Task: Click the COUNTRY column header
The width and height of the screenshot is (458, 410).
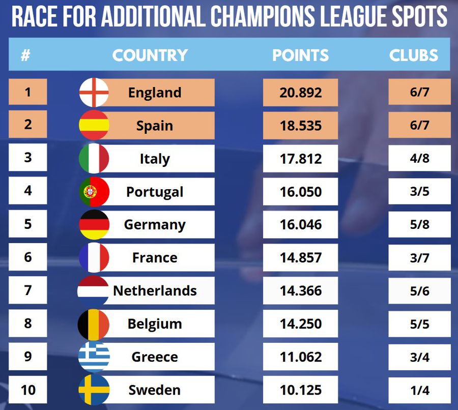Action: [150, 55]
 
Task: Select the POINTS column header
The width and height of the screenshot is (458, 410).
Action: [300, 55]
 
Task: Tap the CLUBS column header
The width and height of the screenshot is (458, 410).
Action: [414, 55]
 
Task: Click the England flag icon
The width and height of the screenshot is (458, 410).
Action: [94, 92]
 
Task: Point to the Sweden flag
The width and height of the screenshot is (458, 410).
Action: [94, 390]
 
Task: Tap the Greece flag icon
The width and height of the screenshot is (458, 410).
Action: [94, 357]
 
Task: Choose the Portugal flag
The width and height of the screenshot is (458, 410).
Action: [94, 192]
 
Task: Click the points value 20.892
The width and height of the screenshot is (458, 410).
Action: [300, 93]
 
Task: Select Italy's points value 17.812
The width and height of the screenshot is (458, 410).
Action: [300, 159]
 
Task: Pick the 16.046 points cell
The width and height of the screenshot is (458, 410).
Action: [300, 224]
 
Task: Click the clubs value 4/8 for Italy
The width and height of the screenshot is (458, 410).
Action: [419, 158]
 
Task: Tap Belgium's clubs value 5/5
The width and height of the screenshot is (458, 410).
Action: [419, 324]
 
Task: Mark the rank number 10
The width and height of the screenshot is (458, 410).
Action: [28, 390]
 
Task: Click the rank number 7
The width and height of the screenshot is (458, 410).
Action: [28, 290]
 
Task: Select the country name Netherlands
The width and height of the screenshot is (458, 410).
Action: [155, 290]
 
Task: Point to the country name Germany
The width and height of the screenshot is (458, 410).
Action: [155, 224]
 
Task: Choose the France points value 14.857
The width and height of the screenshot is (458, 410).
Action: [300, 257]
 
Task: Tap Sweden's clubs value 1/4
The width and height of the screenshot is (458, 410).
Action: [419, 390]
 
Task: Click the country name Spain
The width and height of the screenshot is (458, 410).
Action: [155, 126]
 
